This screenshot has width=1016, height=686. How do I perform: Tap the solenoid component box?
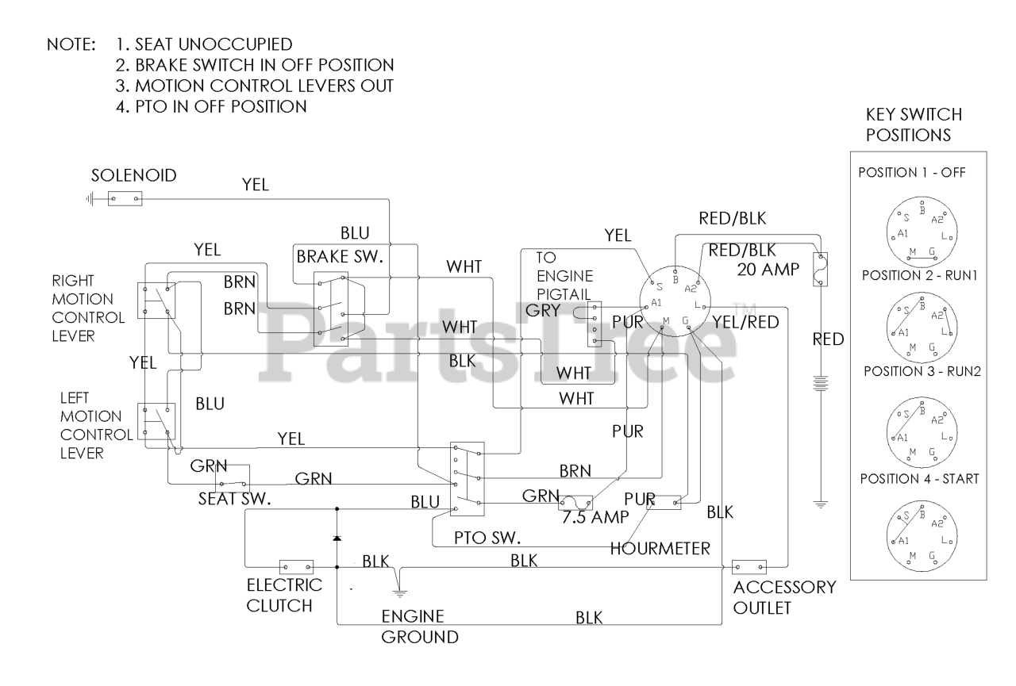124,199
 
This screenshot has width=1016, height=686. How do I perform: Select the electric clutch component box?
296,567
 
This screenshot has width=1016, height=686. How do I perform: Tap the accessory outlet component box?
749,566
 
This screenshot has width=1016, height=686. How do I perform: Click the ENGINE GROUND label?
419,627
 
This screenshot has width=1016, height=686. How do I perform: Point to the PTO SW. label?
487,538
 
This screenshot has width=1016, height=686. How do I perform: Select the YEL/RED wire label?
745,321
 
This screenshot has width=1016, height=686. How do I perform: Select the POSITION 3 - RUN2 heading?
918,370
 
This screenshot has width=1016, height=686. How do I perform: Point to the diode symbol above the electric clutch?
337,538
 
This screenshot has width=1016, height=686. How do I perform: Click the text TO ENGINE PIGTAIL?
564,276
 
